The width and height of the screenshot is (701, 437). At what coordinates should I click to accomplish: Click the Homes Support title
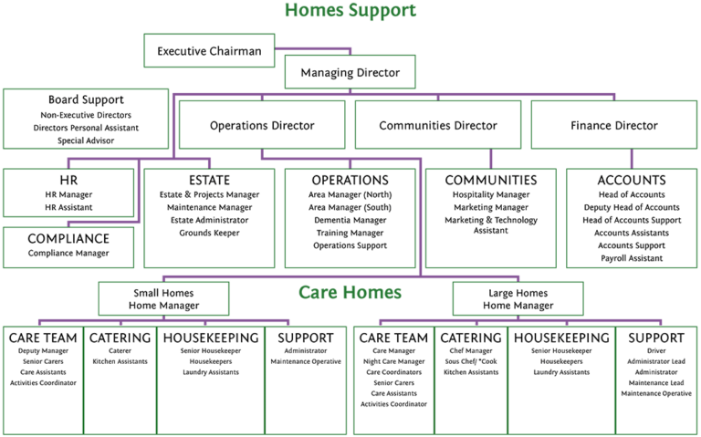[350, 12]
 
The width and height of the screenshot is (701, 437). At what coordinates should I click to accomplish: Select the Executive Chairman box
[209, 51]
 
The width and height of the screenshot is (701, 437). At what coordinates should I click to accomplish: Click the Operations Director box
[262, 125]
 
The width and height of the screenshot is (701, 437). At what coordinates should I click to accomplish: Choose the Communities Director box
[437, 125]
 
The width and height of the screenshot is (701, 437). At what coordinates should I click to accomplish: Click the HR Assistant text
[69, 208]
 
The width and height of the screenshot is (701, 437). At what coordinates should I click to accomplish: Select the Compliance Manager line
[69, 253]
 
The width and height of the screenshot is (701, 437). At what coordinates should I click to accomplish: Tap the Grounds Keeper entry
[209, 234]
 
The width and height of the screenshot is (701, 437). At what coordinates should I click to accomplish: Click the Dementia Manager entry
[350, 221]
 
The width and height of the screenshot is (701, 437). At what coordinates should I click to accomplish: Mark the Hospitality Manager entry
[490, 195]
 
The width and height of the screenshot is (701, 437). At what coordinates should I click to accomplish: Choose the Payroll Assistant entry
[631, 259]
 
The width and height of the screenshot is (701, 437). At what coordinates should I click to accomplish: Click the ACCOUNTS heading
[631, 181]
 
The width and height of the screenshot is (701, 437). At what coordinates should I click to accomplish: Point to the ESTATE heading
[209, 181]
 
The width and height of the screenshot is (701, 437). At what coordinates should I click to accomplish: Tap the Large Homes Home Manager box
[518, 298]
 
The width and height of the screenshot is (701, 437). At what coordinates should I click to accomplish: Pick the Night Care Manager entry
[394, 361]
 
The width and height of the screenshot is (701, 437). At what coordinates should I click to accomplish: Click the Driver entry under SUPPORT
[655, 349]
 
